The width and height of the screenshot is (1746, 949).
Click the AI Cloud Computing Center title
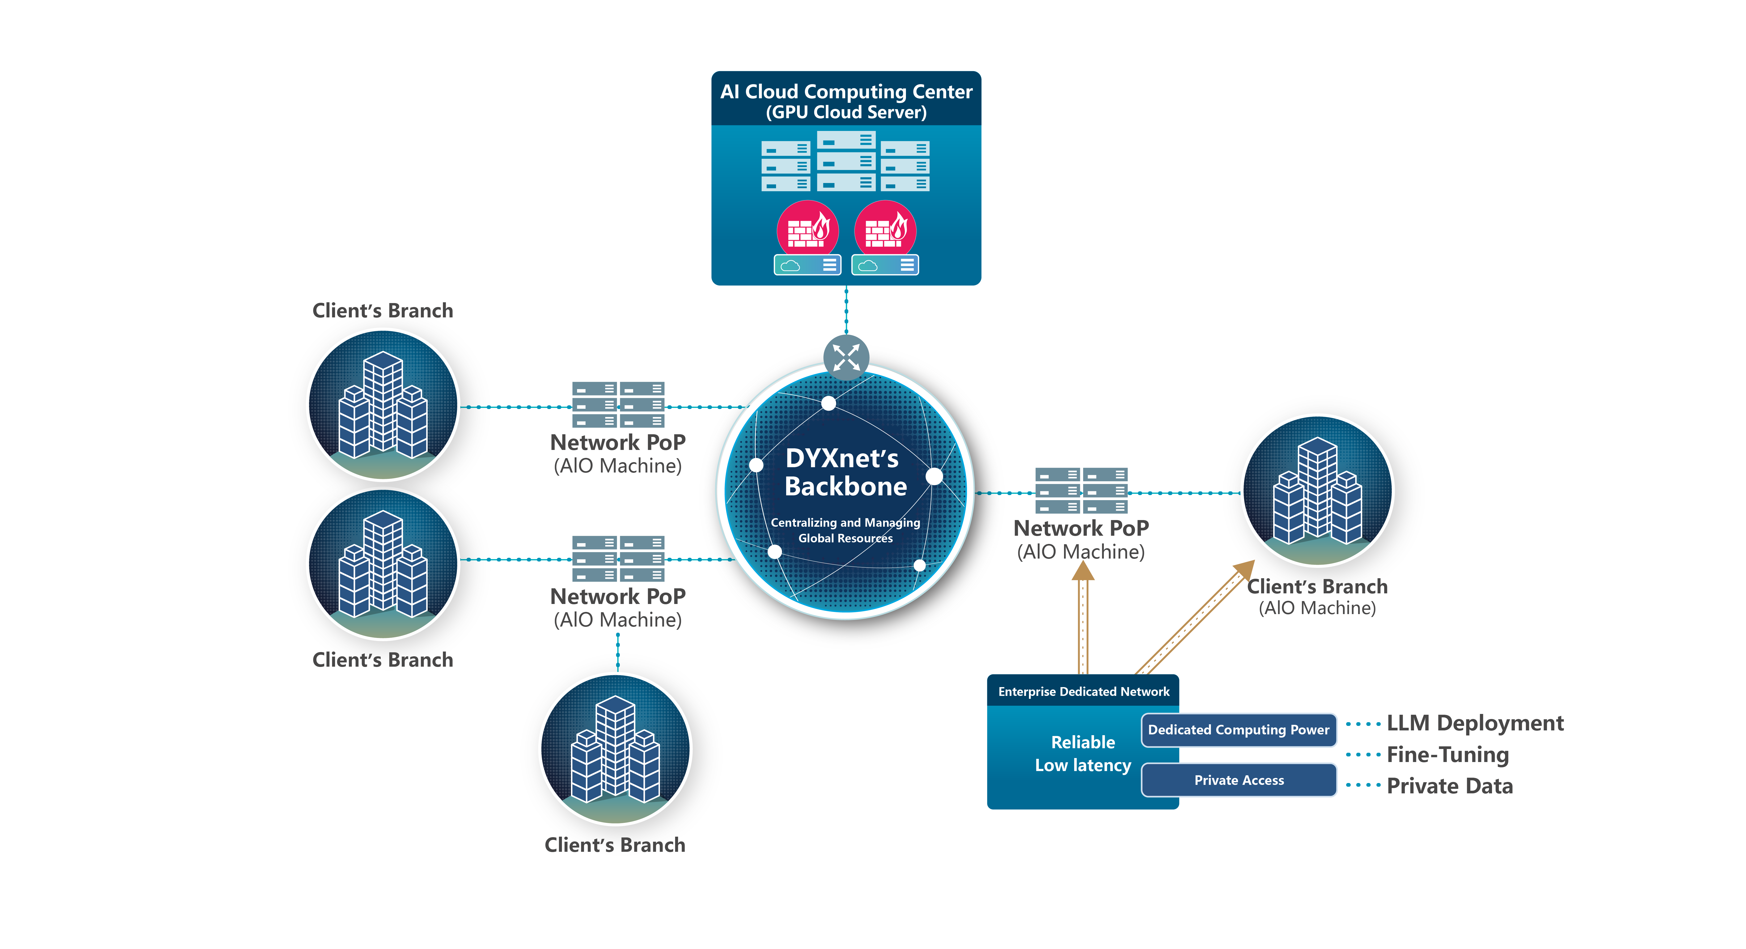pos(846,100)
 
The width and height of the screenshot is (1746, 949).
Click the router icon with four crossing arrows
pos(846,357)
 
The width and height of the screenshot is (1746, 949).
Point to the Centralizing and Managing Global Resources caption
pos(845,530)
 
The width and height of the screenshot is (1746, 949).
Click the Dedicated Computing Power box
pos(1238,730)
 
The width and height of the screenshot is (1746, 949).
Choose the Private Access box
pos(1238,780)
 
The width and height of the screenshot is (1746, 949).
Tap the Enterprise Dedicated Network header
pos(1083,691)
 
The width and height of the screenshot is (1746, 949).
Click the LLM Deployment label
pos(1475,723)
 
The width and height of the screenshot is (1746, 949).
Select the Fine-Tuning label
pos(1448,755)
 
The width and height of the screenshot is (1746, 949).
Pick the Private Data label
pos(1450,786)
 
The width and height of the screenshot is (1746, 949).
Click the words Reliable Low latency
pos(1082,754)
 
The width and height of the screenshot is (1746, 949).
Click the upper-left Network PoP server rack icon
pos(618,405)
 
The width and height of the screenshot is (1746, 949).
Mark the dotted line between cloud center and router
pos(846,310)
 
